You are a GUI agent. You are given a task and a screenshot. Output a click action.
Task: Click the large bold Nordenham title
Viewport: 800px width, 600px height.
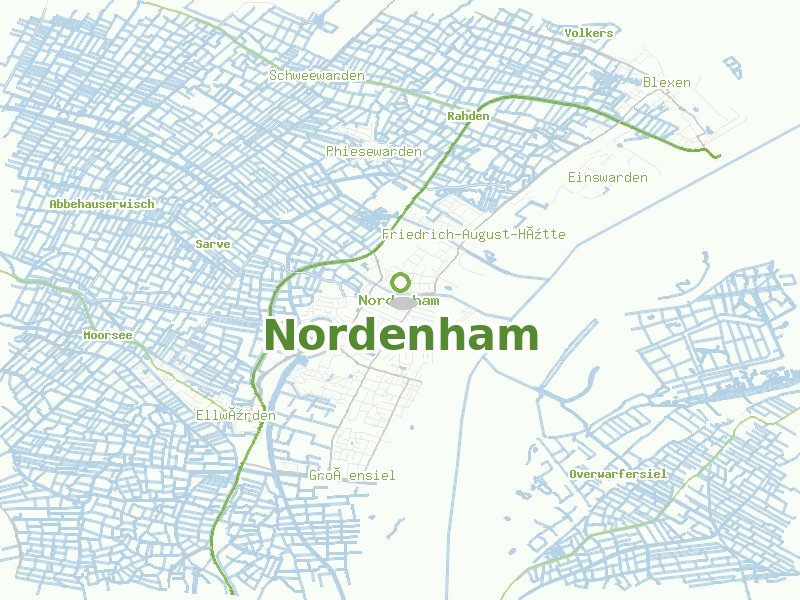pos(401,336)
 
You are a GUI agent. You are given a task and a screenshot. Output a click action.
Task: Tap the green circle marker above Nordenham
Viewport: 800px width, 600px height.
pos(401,283)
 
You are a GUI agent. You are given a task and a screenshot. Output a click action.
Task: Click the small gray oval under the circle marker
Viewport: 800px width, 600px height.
pos(403,302)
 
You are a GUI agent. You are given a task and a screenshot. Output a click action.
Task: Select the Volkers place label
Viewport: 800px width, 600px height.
pos(588,33)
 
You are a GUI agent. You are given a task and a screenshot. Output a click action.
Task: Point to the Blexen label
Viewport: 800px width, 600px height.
pos(666,82)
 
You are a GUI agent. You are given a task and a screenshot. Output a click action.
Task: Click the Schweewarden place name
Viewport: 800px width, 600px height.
pos(316,75)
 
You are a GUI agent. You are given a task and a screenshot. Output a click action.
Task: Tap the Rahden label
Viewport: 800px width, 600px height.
pos(468,116)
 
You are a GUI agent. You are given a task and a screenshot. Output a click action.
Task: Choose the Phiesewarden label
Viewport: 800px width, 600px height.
pos(373,151)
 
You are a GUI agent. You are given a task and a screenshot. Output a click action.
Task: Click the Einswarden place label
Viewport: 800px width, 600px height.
pos(607,177)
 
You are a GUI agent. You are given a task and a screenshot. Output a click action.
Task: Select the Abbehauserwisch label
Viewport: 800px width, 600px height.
pos(102,203)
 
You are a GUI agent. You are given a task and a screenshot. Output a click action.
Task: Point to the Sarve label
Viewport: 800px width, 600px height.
pos(213,243)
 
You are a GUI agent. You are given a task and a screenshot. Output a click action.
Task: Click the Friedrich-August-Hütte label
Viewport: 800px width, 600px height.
pos(473,234)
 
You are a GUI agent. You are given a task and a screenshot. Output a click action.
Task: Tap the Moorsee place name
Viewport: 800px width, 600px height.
pos(108,335)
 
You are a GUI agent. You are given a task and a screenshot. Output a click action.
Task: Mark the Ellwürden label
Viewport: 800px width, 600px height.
pos(235,415)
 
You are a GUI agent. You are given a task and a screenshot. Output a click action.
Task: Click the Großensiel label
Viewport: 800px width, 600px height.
pos(352,475)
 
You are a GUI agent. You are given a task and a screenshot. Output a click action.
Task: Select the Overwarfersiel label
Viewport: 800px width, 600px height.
pos(617,473)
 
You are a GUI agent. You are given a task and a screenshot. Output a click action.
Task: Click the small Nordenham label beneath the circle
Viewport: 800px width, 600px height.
pos(398,300)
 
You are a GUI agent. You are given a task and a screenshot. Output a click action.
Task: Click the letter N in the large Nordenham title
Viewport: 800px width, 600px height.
pos(282,336)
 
